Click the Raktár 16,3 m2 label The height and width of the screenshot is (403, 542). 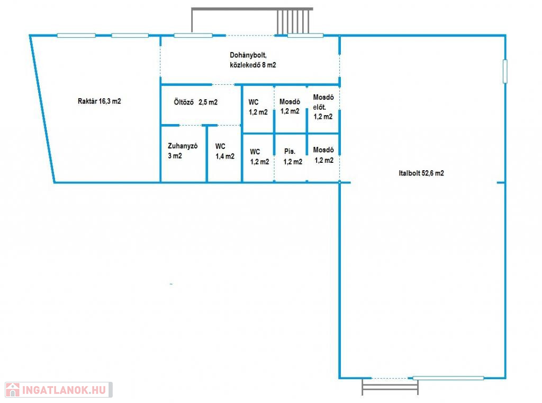(99, 101)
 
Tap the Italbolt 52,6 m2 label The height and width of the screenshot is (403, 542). (421, 173)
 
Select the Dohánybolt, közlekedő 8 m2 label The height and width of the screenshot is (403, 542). (252, 60)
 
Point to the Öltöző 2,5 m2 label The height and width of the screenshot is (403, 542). (196, 102)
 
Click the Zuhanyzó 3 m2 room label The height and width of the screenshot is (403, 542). (183, 151)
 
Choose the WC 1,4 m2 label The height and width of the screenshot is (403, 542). (224, 151)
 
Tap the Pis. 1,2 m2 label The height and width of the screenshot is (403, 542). (293, 156)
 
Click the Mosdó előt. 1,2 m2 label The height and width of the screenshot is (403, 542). (323, 107)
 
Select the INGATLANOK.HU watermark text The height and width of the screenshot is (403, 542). (64, 390)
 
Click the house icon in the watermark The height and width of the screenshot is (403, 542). (13, 390)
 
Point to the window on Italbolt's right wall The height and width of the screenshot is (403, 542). (505, 72)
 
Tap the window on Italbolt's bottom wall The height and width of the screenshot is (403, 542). (448, 378)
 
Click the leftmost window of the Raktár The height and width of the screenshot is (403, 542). (76, 36)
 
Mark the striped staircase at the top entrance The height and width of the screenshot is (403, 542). (293, 22)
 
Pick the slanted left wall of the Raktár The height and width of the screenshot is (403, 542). (42, 109)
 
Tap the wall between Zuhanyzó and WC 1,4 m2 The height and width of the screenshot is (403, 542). (207, 154)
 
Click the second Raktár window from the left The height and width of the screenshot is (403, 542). (130, 36)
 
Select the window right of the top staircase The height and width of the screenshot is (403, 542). (305, 36)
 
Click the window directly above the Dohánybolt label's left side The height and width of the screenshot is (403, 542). (193, 36)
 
